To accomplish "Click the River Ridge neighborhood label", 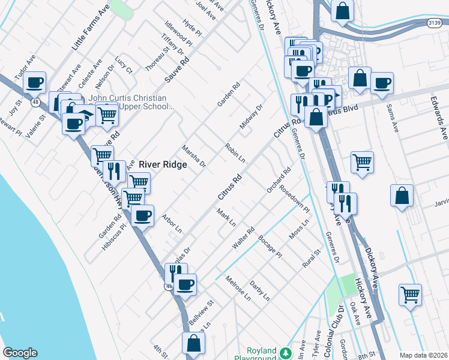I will click(164, 164).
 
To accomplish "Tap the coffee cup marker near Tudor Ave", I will click(35, 82).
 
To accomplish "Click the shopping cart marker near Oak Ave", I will click(410, 295).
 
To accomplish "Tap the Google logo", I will click(20, 353).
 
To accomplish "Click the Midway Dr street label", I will click(252, 118).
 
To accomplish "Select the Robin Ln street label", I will click(235, 153).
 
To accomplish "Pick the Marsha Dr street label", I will click(194, 156).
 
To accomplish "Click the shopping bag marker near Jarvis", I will click(402, 195).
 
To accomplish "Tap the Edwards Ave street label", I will click(444, 116).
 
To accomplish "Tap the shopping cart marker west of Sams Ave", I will click(362, 161).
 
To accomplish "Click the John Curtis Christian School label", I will click(127, 102).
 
